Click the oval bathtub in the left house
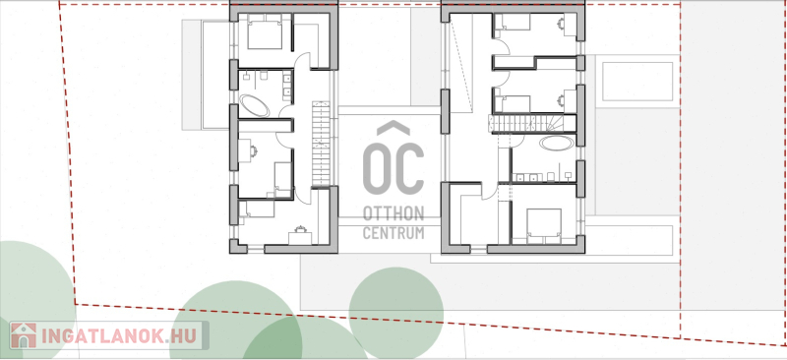click(x=254, y=106)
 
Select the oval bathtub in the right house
click(x=557, y=143)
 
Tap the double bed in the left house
click(x=265, y=32)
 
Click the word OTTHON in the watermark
click(x=393, y=213)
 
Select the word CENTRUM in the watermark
click(x=393, y=233)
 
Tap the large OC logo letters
click(x=393, y=169)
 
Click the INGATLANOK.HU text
click(x=121, y=335)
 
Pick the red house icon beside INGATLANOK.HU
click(x=24, y=335)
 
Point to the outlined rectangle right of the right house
click(x=637, y=82)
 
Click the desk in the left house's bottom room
click(x=300, y=238)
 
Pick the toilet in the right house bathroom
click(x=551, y=176)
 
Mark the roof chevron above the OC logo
click(x=393, y=128)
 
